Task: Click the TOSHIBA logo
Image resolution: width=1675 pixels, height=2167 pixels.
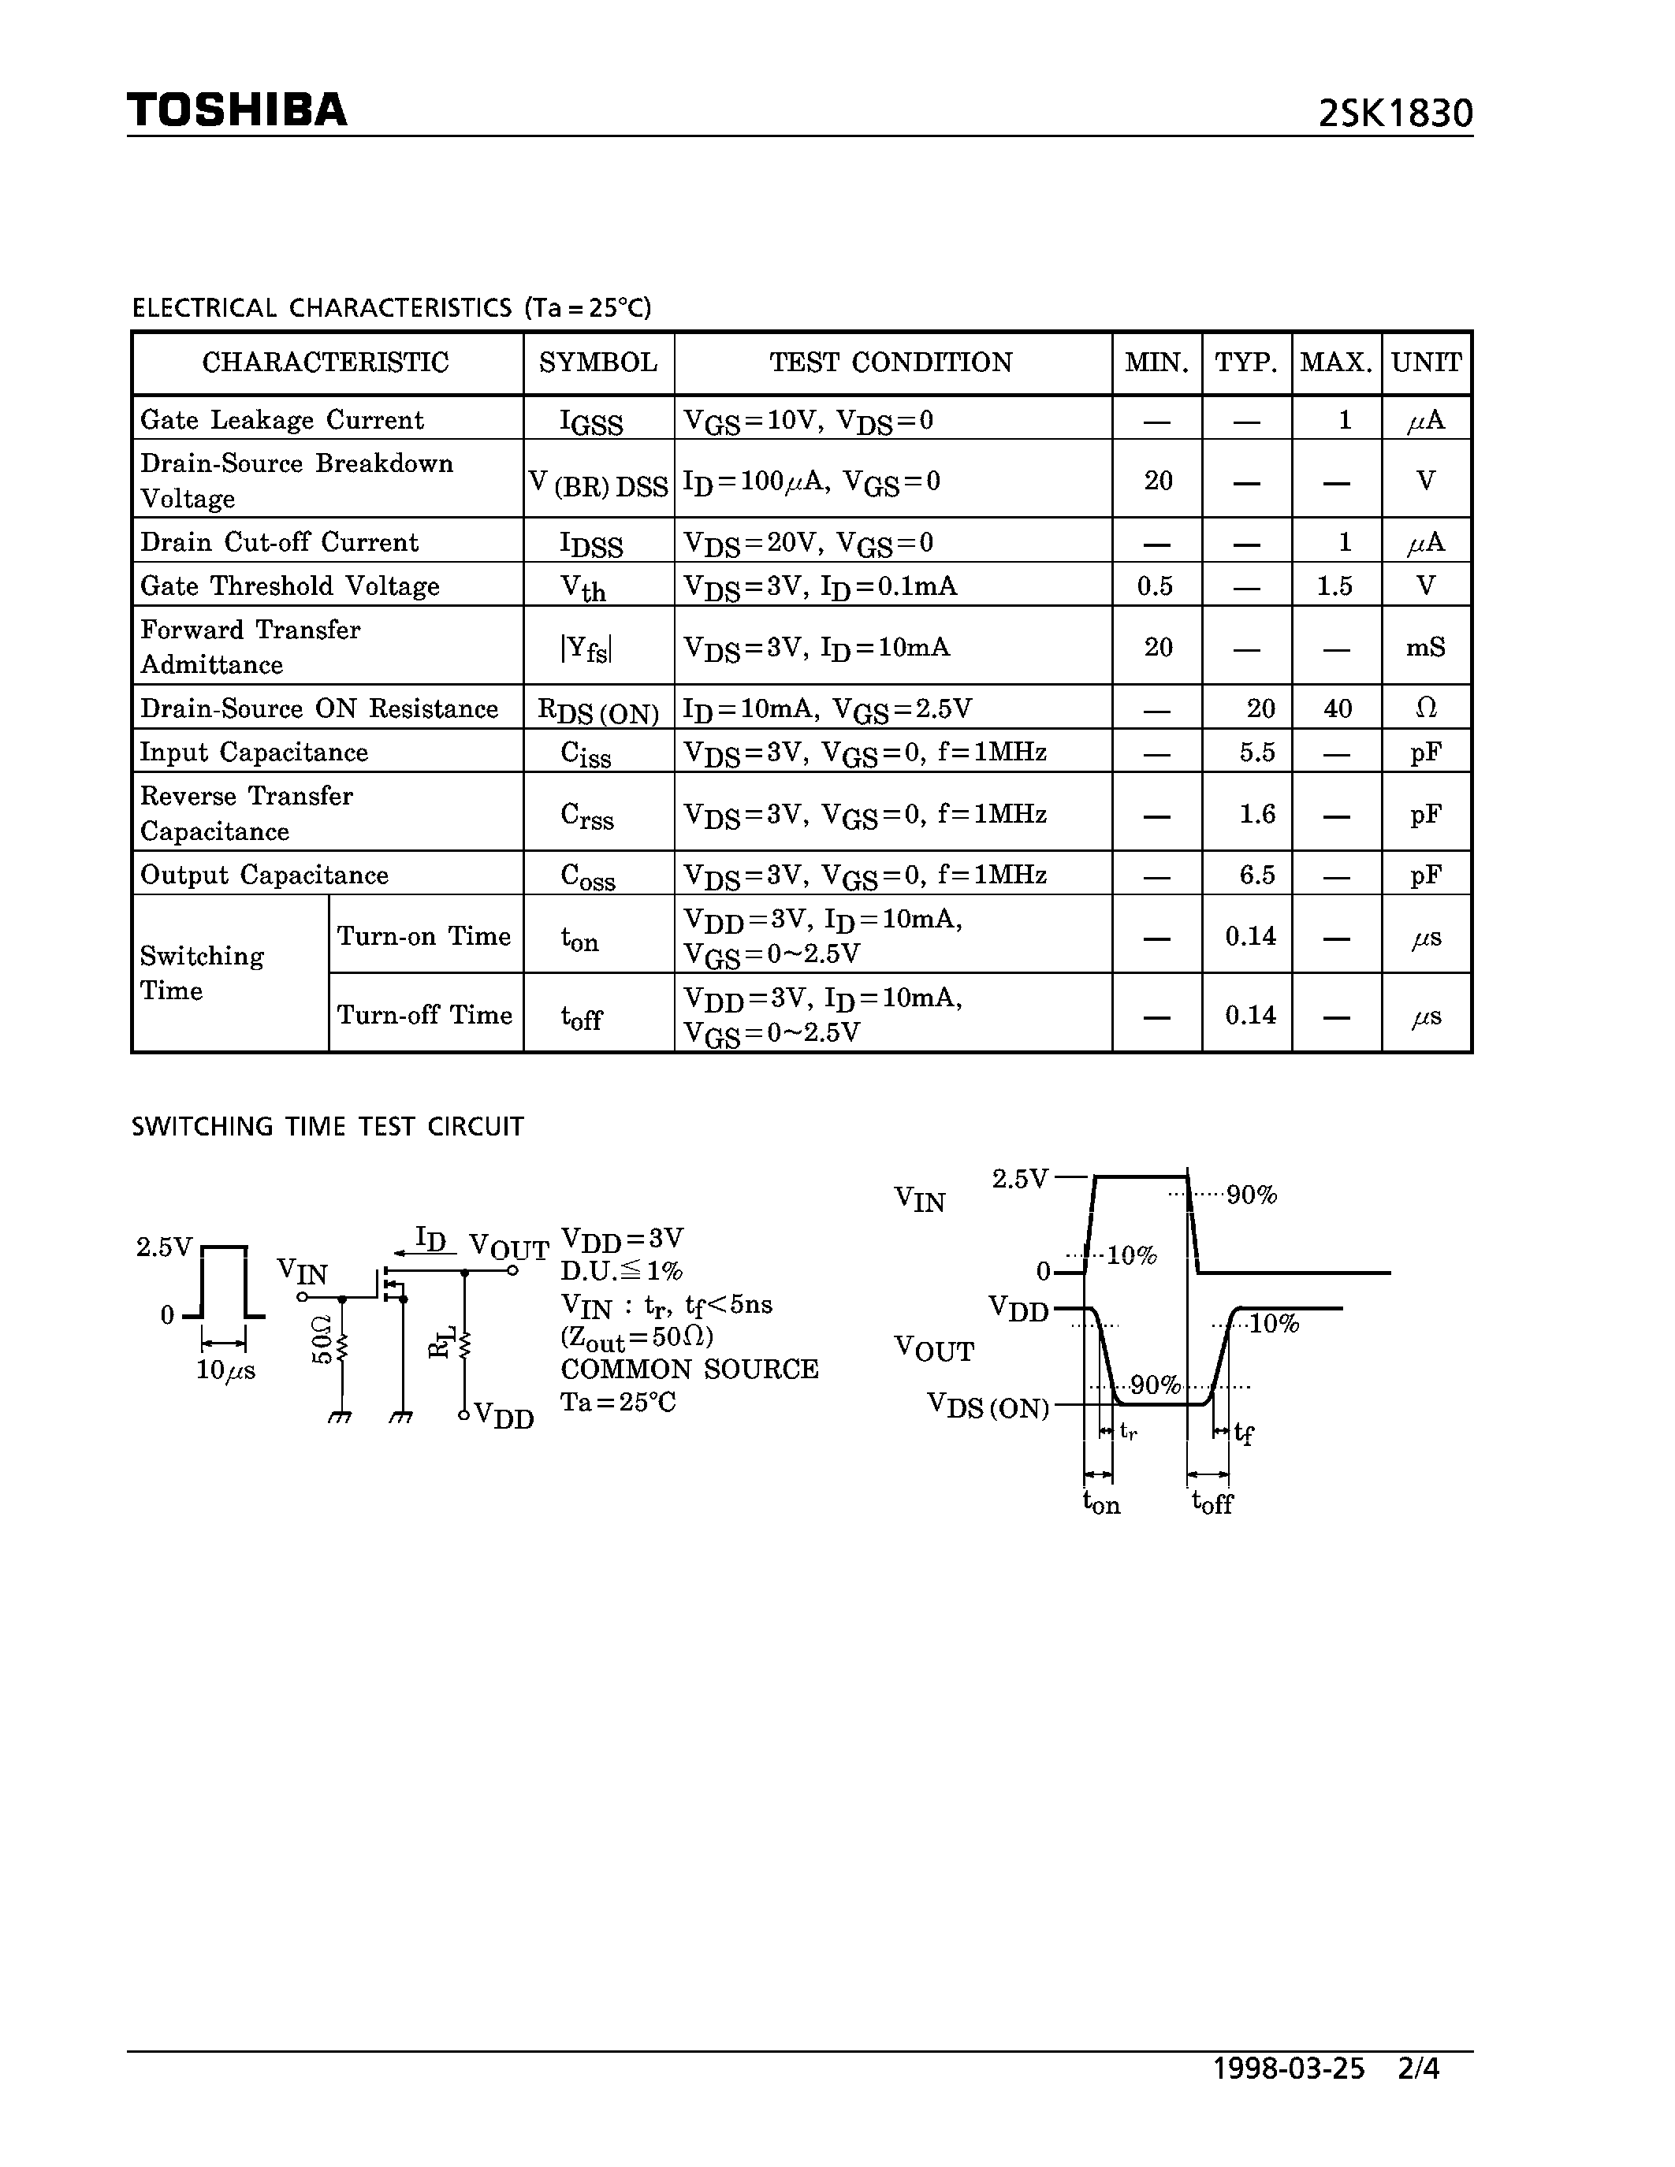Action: point(237,110)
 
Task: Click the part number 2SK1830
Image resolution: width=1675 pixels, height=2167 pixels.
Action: point(1395,114)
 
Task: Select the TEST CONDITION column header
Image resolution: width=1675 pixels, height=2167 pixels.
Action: point(891,363)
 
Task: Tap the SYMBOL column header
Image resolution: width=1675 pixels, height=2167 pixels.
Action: point(598,363)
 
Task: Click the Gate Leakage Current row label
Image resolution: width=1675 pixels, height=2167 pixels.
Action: point(282,420)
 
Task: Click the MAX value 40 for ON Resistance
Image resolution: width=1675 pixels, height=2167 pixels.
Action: point(1337,708)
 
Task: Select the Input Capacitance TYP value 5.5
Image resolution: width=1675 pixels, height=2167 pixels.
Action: point(1256,752)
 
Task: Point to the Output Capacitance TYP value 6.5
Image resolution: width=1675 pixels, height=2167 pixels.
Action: point(1256,875)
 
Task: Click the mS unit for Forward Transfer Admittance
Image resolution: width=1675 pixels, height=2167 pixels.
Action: point(1425,648)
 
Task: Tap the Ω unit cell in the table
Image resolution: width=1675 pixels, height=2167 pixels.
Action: point(1425,708)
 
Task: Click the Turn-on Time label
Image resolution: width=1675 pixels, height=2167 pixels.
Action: point(424,935)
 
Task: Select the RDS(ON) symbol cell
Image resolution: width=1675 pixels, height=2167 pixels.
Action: point(598,711)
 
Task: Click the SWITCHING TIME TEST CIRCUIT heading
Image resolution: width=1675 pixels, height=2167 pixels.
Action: point(327,1127)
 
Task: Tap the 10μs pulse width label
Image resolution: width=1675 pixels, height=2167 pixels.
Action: point(225,1370)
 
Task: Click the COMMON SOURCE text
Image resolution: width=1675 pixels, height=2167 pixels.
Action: point(690,1370)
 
